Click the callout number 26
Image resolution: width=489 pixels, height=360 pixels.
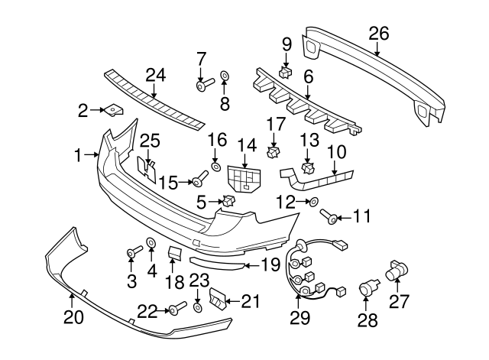coord(378,34)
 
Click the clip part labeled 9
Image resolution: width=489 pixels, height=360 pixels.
coord(287,71)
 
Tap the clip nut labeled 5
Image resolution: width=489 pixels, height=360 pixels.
coord(227,202)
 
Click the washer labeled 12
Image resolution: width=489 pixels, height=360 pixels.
coord(313,202)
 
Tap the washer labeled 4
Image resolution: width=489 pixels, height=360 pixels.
coord(151,243)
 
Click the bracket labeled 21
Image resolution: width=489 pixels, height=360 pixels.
coord(219,300)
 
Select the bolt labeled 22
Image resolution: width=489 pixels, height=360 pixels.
coord(178,308)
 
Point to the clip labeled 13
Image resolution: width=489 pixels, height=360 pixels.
coord(309,167)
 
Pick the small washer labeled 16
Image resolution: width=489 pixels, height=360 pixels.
coord(216,167)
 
